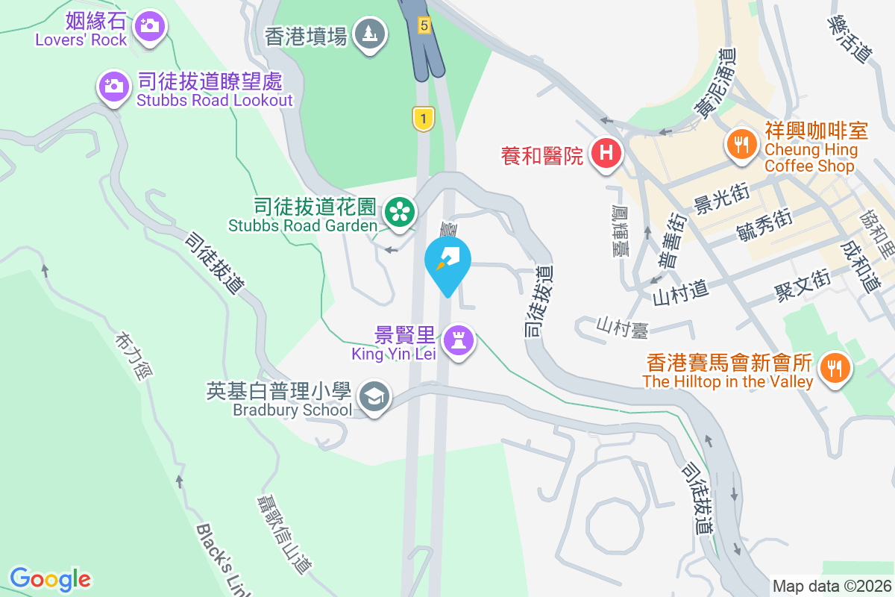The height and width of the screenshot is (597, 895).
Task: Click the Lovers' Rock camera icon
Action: click(x=149, y=25)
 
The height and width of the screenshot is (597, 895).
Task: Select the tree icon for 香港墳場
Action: click(x=368, y=33)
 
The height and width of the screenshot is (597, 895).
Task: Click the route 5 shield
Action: click(x=424, y=25)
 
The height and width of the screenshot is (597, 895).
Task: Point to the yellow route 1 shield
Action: click(x=423, y=118)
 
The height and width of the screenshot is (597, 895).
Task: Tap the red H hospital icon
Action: click(x=606, y=154)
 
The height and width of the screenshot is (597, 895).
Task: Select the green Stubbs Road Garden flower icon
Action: click(x=400, y=213)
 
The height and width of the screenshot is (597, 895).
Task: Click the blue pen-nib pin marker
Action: click(x=447, y=260)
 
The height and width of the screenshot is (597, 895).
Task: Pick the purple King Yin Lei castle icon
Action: click(x=458, y=341)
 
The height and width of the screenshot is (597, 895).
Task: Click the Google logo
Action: click(x=50, y=578)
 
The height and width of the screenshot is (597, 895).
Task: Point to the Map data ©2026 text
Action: click(x=832, y=586)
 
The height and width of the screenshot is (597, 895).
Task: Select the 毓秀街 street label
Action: click(x=763, y=223)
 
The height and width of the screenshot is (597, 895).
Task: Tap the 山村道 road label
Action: click(x=679, y=289)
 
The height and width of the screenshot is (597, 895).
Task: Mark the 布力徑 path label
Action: click(x=128, y=356)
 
